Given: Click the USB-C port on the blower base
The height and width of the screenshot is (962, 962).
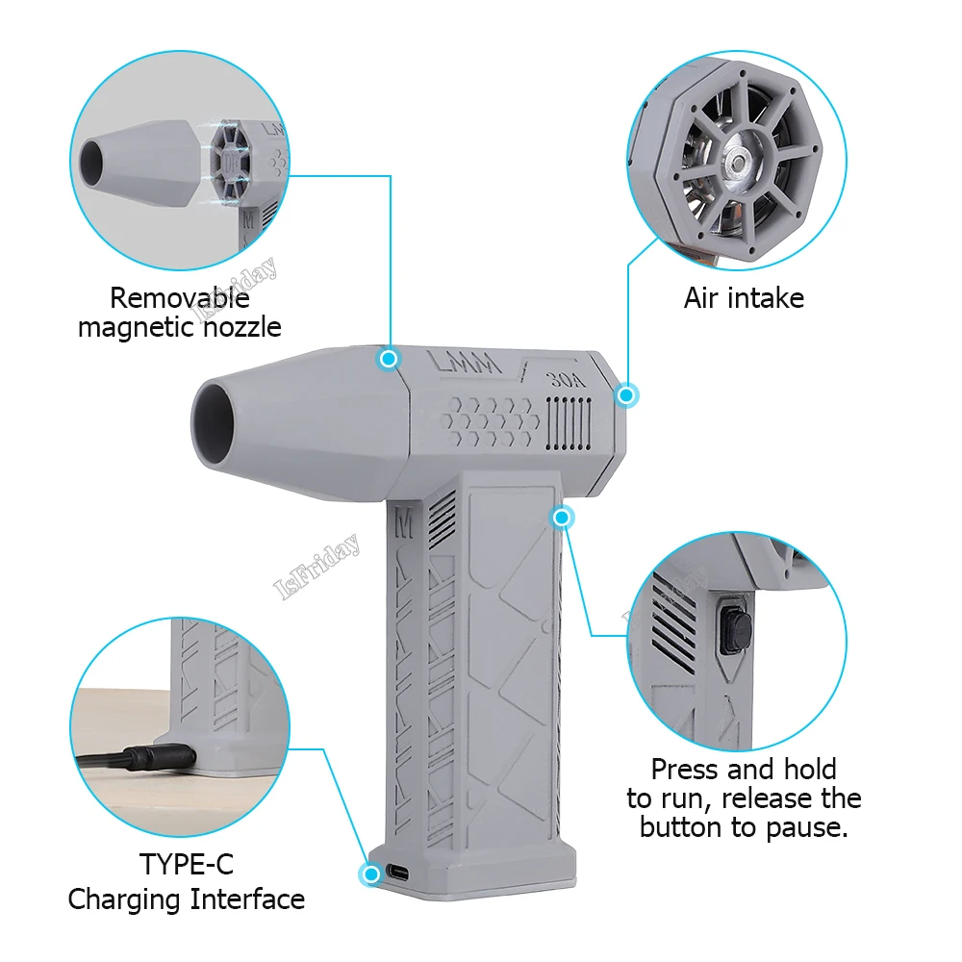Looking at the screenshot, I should coord(398,873).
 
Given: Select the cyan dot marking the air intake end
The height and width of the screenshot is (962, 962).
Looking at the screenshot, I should coord(627,394).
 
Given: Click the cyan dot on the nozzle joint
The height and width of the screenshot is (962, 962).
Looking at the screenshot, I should coord(389,359).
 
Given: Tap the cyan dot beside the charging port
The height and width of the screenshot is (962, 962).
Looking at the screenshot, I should coord(369,874).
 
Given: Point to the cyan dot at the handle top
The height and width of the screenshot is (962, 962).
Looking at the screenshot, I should coord(563,519).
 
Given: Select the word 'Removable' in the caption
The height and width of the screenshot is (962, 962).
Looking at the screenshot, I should coord(180,298).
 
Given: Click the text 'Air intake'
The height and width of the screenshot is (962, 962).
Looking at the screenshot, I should coord(744,298).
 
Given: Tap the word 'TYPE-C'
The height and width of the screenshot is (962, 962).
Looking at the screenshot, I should coord(187,863).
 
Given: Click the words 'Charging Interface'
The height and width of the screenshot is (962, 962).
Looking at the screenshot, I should coord(187,900).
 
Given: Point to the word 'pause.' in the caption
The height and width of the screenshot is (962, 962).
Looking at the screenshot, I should coord(811,826).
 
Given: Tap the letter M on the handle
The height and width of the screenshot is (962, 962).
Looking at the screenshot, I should coord(403,525).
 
